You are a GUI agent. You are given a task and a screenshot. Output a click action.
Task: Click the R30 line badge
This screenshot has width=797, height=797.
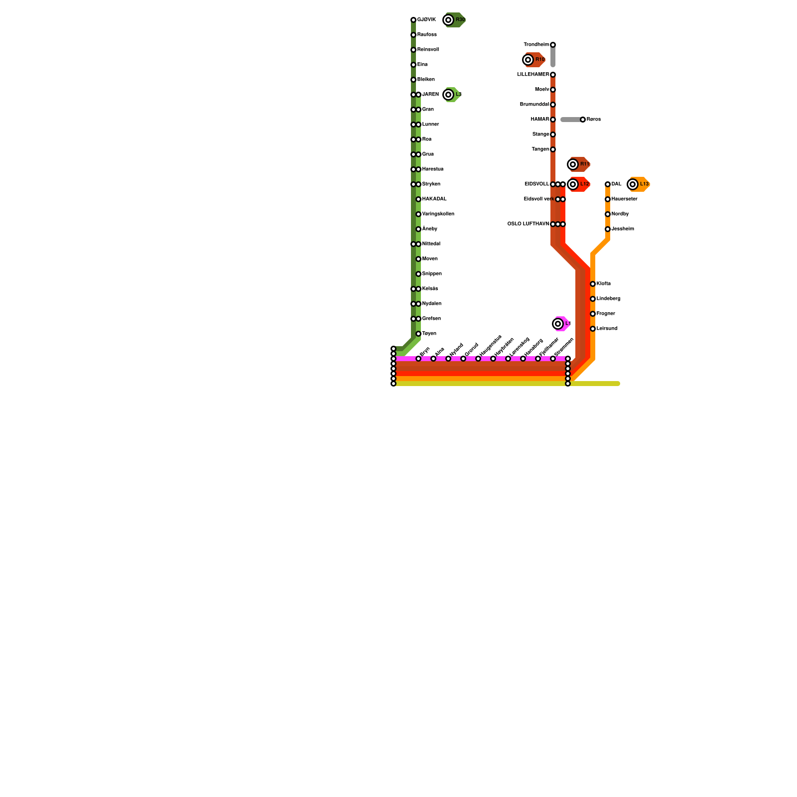pyautogui.click(x=454, y=20)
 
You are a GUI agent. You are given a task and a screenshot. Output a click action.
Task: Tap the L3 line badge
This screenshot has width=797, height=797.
pyautogui.click(x=452, y=95)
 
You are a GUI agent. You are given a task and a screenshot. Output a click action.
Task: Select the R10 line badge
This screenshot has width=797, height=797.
pyautogui.click(x=534, y=60)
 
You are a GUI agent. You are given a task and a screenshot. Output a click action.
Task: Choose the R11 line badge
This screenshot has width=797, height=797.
pyautogui.click(x=579, y=164)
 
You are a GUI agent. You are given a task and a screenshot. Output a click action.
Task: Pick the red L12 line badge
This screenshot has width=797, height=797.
pyautogui.click(x=579, y=184)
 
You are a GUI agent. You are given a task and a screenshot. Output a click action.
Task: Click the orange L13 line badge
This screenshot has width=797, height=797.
pyautogui.click(x=639, y=184)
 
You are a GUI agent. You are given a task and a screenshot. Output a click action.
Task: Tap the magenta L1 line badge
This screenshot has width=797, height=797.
pyautogui.click(x=561, y=324)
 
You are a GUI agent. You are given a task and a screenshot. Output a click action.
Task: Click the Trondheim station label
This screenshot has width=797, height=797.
pyautogui.click(x=536, y=45)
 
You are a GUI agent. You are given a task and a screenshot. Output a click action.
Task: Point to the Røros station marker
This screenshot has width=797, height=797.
pyautogui.click(x=583, y=120)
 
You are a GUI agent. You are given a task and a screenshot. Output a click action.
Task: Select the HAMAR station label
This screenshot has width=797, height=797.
pyautogui.click(x=539, y=120)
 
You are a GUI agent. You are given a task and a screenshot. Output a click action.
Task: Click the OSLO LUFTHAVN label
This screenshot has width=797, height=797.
pyautogui.click(x=528, y=224)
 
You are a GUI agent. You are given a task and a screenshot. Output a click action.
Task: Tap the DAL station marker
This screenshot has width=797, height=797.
pyautogui.click(x=608, y=184)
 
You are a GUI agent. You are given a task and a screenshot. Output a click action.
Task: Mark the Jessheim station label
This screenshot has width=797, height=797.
pyautogui.click(x=623, y=229)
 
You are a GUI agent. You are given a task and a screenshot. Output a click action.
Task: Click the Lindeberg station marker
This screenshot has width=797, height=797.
pyautogui.click(x=593, y=299)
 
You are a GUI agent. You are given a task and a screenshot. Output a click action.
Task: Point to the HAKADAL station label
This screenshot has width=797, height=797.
pyautogui.click(x=434, y=199)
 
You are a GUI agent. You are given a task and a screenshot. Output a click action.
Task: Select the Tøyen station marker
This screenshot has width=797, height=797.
pyautogui.click(x=418, y=334)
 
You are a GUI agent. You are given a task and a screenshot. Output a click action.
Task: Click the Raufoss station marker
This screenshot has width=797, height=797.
pyautogui.click(x=413, y=35)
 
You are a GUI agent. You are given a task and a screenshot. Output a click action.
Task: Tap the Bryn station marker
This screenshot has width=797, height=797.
pyautogui.click(x=418, y=359)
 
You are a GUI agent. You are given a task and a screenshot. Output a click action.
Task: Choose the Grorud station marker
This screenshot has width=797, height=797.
pyautogui.click(x=463, y=359)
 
